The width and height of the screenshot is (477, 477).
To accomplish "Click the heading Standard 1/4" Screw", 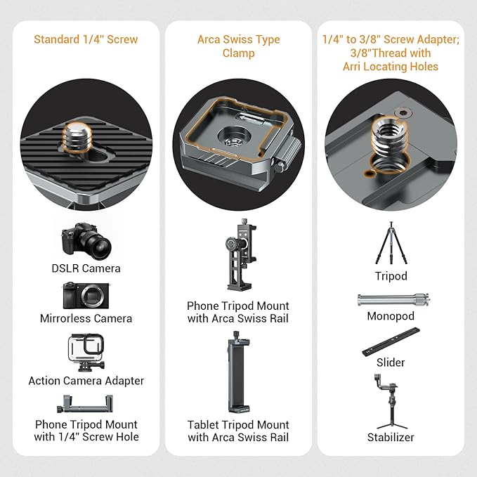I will click(86, 39).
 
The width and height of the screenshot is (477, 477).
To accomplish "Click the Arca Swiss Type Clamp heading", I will click(238, 46).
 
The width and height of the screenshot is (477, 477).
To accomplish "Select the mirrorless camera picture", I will click(86, 296).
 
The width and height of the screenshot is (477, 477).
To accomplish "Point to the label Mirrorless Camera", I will click(86, 318).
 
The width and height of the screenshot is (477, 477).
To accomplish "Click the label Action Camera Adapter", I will click(86, 381).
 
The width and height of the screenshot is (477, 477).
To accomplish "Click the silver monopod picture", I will click(390, 300).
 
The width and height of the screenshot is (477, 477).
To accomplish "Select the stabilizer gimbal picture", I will click(390, 400).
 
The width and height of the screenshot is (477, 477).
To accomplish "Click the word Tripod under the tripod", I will click(390, 276).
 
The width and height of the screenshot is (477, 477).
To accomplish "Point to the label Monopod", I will click(390, 317).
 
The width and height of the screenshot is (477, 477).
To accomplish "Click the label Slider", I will click(390, 362).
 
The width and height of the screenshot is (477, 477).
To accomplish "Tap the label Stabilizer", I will click(390, 437).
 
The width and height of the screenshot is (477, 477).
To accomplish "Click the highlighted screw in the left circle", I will click(74, 136).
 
